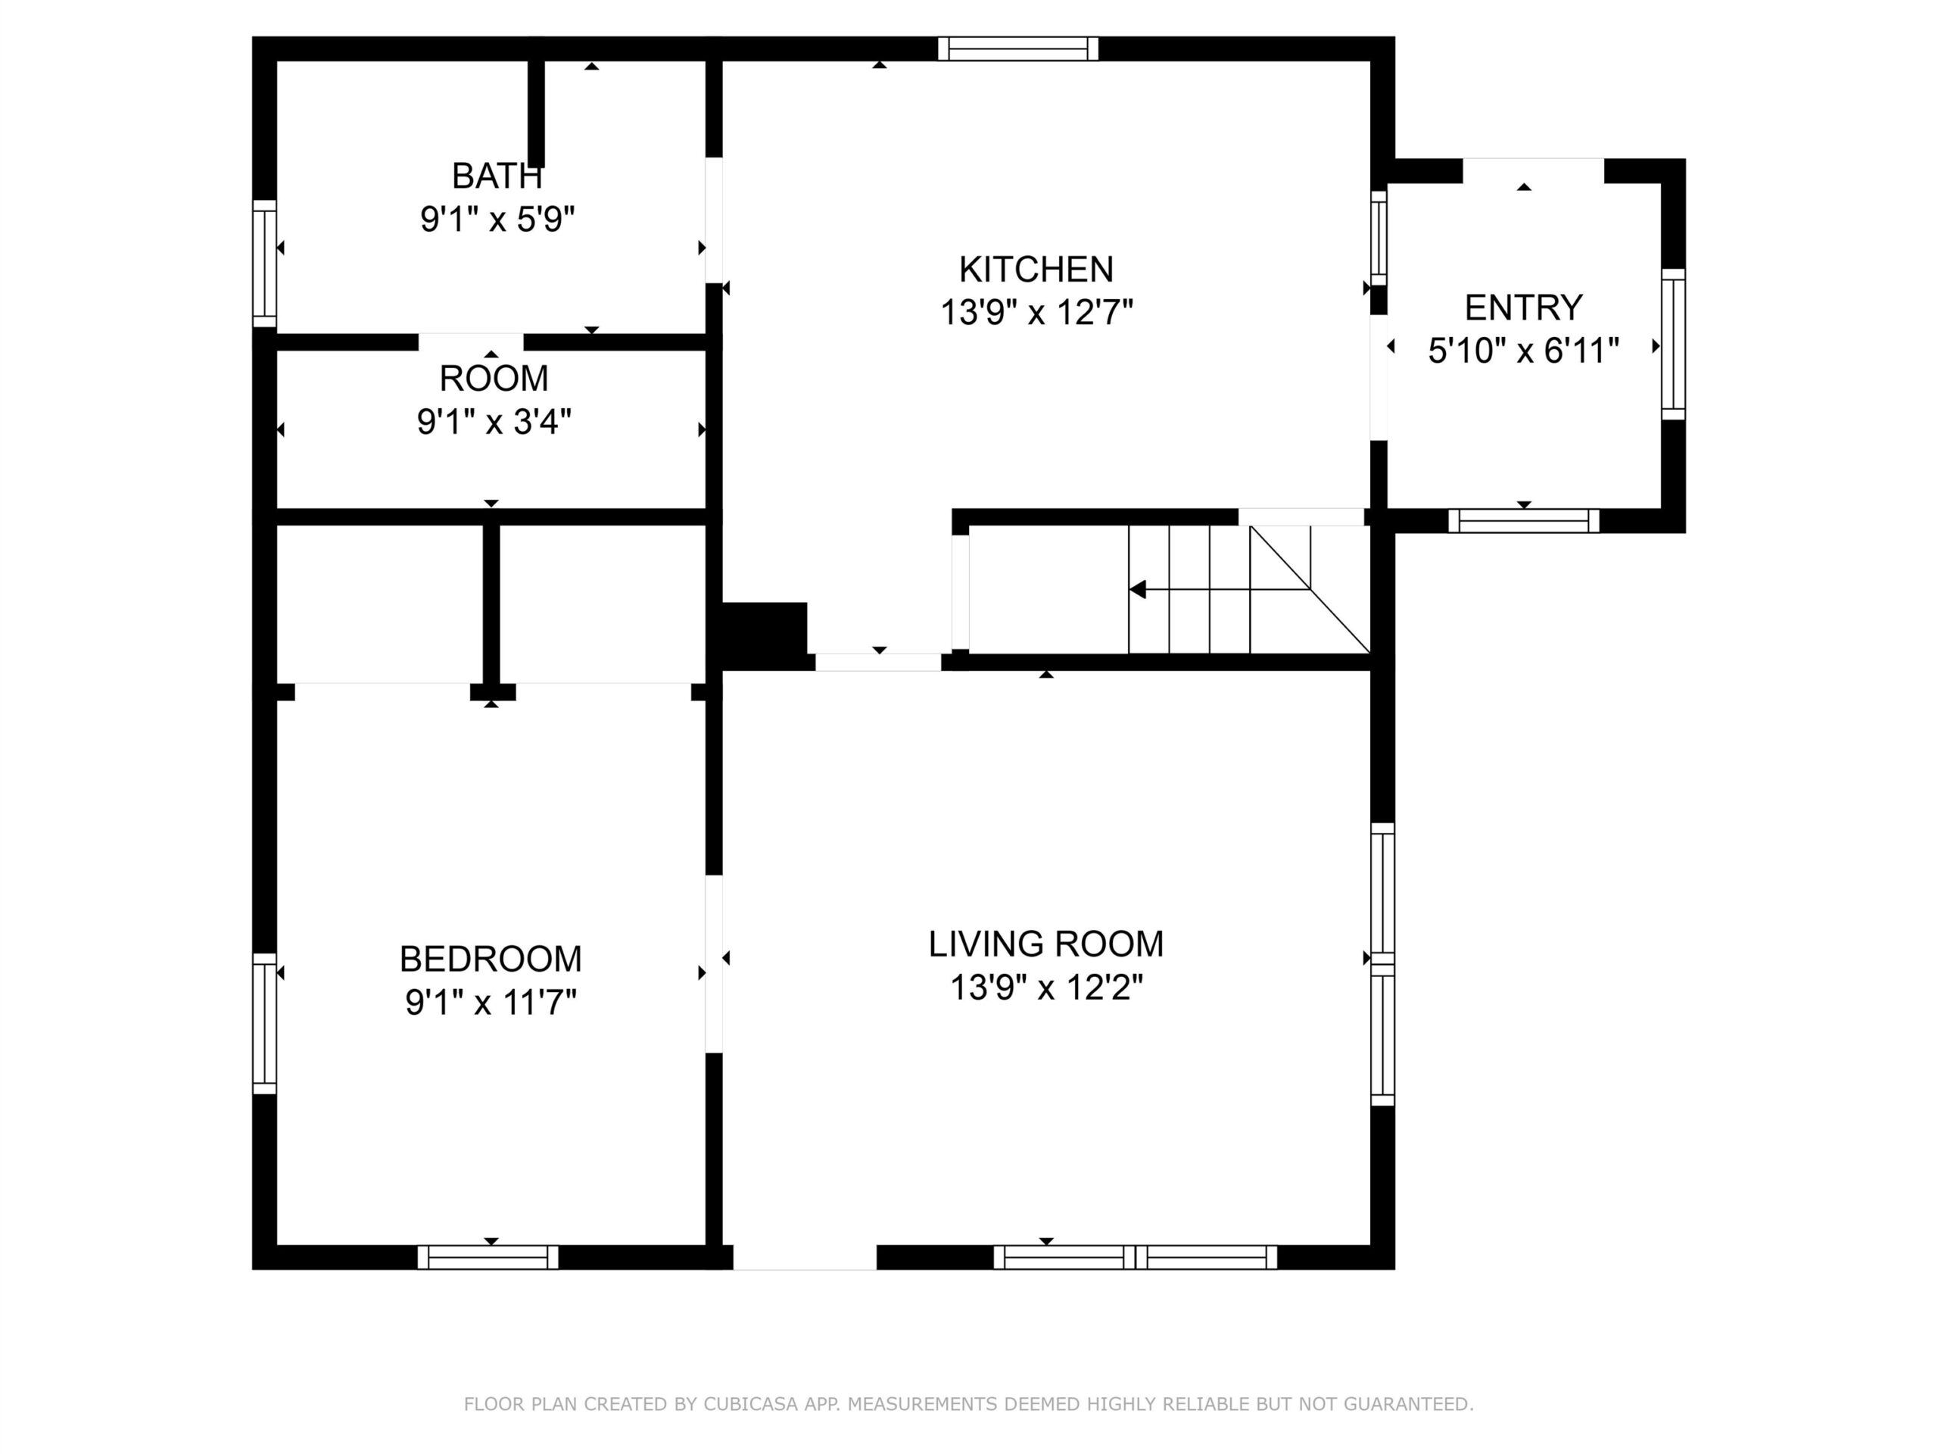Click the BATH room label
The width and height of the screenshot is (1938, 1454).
click(497, 176)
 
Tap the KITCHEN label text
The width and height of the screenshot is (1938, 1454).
click(1036, 269)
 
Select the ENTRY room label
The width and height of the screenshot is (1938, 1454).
click(1524, 307)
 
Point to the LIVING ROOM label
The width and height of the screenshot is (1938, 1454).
click(1046, 944)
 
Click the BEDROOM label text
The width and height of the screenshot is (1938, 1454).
click(491, 959)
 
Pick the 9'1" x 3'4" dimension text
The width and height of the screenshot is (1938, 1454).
click(494, 422)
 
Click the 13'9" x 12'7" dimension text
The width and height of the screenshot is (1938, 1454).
click(1036, 312)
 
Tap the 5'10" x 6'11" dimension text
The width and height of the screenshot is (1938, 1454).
click(1524, 351)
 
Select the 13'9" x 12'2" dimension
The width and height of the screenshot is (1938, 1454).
click(1046, 988)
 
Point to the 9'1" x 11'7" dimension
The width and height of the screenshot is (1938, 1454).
click(491, 1002)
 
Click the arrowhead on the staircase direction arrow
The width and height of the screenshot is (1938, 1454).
click(1137, 590)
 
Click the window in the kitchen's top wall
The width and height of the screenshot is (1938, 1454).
click(1018, 48)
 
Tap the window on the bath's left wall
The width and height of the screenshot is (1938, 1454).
click(265, 264)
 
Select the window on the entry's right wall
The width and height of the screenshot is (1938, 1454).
click(1673, 345)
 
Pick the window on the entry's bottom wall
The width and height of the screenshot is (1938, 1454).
click(1524, 520)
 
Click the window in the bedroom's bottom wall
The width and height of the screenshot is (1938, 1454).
click(488, 1257)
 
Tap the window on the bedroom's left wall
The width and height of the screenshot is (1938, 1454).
click(265, 1024)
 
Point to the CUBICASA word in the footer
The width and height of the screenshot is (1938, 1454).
click(750, 1404)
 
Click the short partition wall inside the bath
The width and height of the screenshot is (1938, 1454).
click(536, 113)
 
